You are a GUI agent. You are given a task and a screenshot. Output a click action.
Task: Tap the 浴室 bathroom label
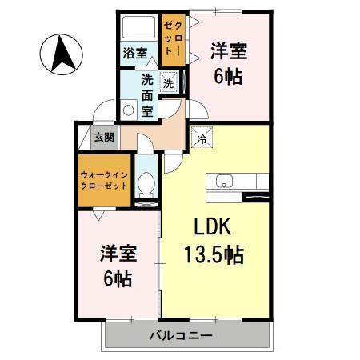click(x=134, y=54)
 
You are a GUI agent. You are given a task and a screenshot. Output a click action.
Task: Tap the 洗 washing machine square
click(x=169, y=82)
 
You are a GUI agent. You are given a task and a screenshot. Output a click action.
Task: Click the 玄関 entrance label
click(x=104, y=138)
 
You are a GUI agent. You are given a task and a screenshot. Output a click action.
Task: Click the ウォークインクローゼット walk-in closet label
click(x=104, y=178)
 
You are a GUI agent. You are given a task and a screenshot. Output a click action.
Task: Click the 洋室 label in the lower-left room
click(x=118, y=254)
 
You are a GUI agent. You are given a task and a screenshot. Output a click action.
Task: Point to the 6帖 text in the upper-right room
click(x=229, y=79)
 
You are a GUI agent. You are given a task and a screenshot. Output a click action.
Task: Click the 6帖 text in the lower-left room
click(x=118, y=281)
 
